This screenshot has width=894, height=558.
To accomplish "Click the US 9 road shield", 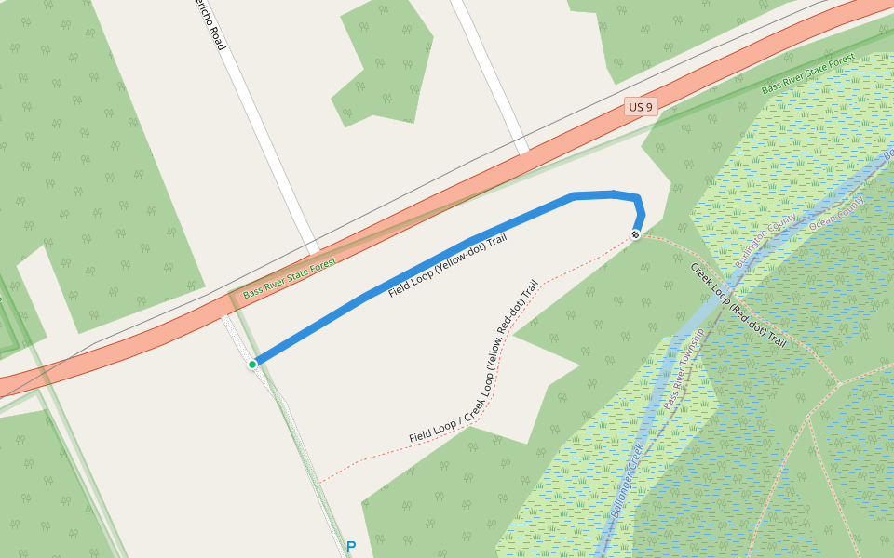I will [641, 107].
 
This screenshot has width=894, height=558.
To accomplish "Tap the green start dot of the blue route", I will [252, 364].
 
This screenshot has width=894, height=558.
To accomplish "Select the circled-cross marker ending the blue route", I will [636, 234].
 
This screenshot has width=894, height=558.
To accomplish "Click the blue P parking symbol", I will [351, 547].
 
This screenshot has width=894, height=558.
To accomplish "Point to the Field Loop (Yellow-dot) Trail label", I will [447, 266].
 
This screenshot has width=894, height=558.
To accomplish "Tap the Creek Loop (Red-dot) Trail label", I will [738, 306].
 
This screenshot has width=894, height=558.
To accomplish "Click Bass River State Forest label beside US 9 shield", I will [808, 74].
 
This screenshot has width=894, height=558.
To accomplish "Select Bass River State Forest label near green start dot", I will [290, 279].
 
